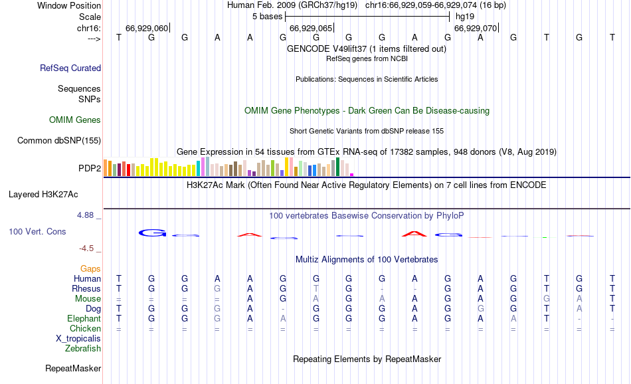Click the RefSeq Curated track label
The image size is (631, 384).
click(70, 68)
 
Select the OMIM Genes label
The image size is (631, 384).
click(75, 120)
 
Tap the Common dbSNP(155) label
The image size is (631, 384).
click(59, 140)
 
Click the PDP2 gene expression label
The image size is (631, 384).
click(90, 168)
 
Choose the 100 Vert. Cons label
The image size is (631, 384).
click(37, 232)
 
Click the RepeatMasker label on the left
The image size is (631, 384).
click(73, 368)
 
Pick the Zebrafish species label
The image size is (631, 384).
click(83, 348)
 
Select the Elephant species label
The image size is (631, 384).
click(84, 319)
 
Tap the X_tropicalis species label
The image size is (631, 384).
click(78, 338)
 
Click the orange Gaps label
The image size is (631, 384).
click(90, 268)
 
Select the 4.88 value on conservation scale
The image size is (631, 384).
click(86, 215)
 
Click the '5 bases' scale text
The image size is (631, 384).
click(268, 16)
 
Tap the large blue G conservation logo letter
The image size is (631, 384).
click(151, 233)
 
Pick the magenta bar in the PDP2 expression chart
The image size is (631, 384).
click(351, 174)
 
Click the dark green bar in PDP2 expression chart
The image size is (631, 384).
click(338, 167)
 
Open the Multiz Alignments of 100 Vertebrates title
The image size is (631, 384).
click(367, 259)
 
